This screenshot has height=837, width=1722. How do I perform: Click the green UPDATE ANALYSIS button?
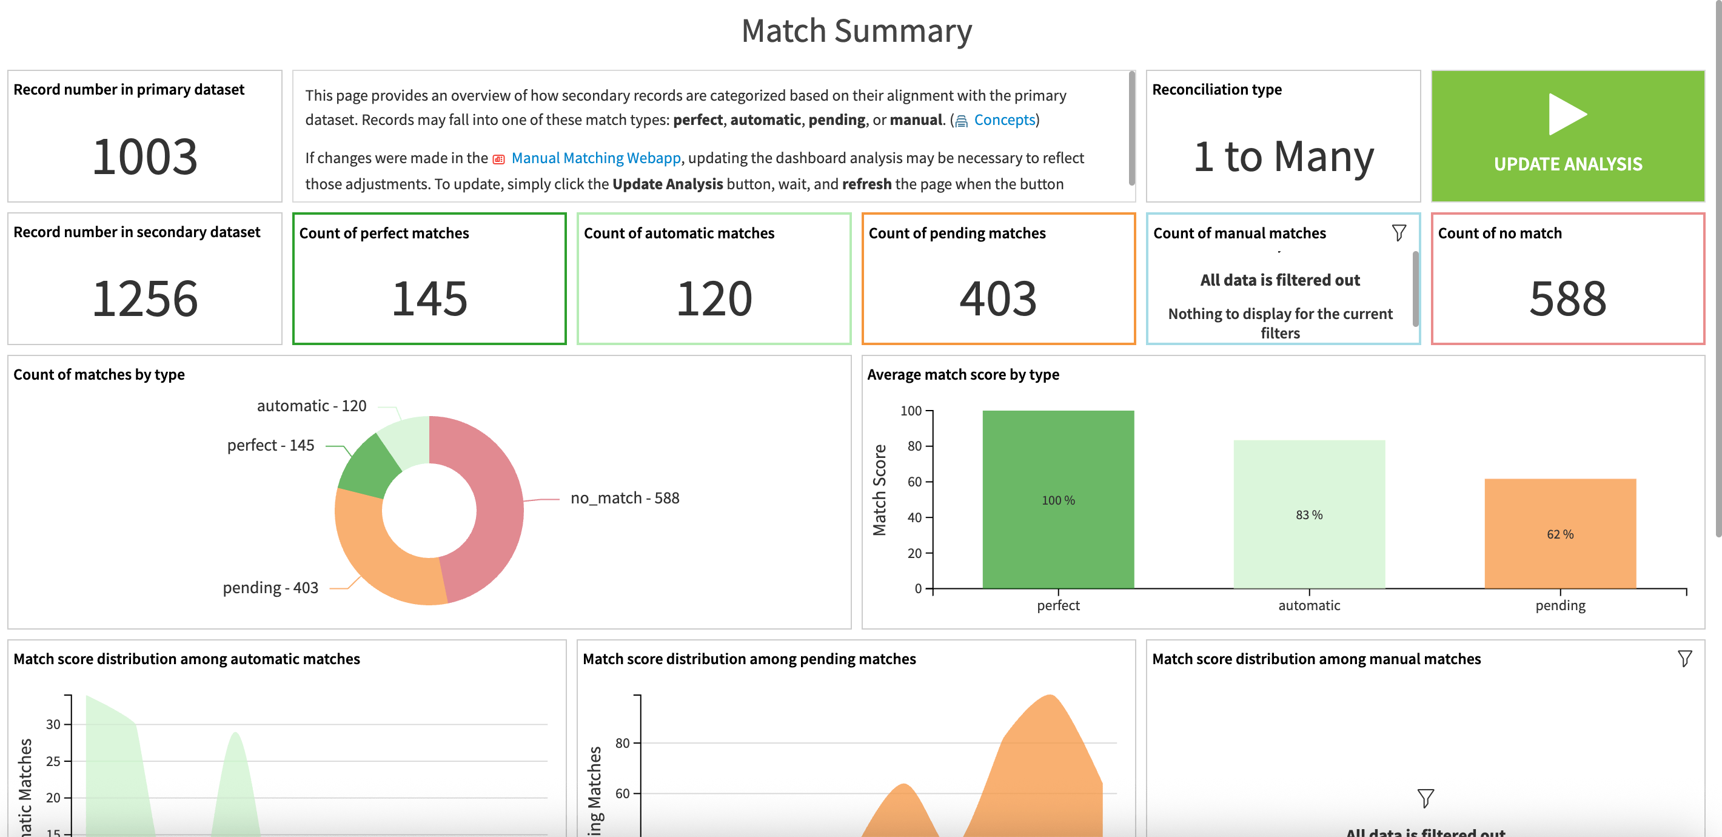tap(1567, 136)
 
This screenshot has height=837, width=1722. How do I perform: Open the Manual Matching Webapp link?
tap(595, 158)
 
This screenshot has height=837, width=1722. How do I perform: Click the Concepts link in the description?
tap(1003, 120)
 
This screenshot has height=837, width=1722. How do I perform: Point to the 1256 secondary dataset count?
tap(144, 299)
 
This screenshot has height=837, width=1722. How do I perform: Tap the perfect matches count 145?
tap(429, 299)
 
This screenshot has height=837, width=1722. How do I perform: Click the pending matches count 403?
tap(998, 299)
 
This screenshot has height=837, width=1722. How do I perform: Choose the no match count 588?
tap(1567, 299)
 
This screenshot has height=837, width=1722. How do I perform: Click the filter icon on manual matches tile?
tap(1398, 233)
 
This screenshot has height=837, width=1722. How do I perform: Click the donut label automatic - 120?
tap(312, 406)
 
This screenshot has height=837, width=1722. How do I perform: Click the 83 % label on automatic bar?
tap(1308, 515)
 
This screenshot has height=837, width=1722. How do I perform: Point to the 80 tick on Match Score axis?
tap(914, 446)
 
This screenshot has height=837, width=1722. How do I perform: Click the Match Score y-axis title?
tap(879, 490)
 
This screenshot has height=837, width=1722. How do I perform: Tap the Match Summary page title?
tap(856, 31)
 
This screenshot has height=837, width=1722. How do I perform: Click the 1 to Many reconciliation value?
tap(1283, 156)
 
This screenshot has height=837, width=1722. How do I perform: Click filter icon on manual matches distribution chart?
tap(1684, 659)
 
